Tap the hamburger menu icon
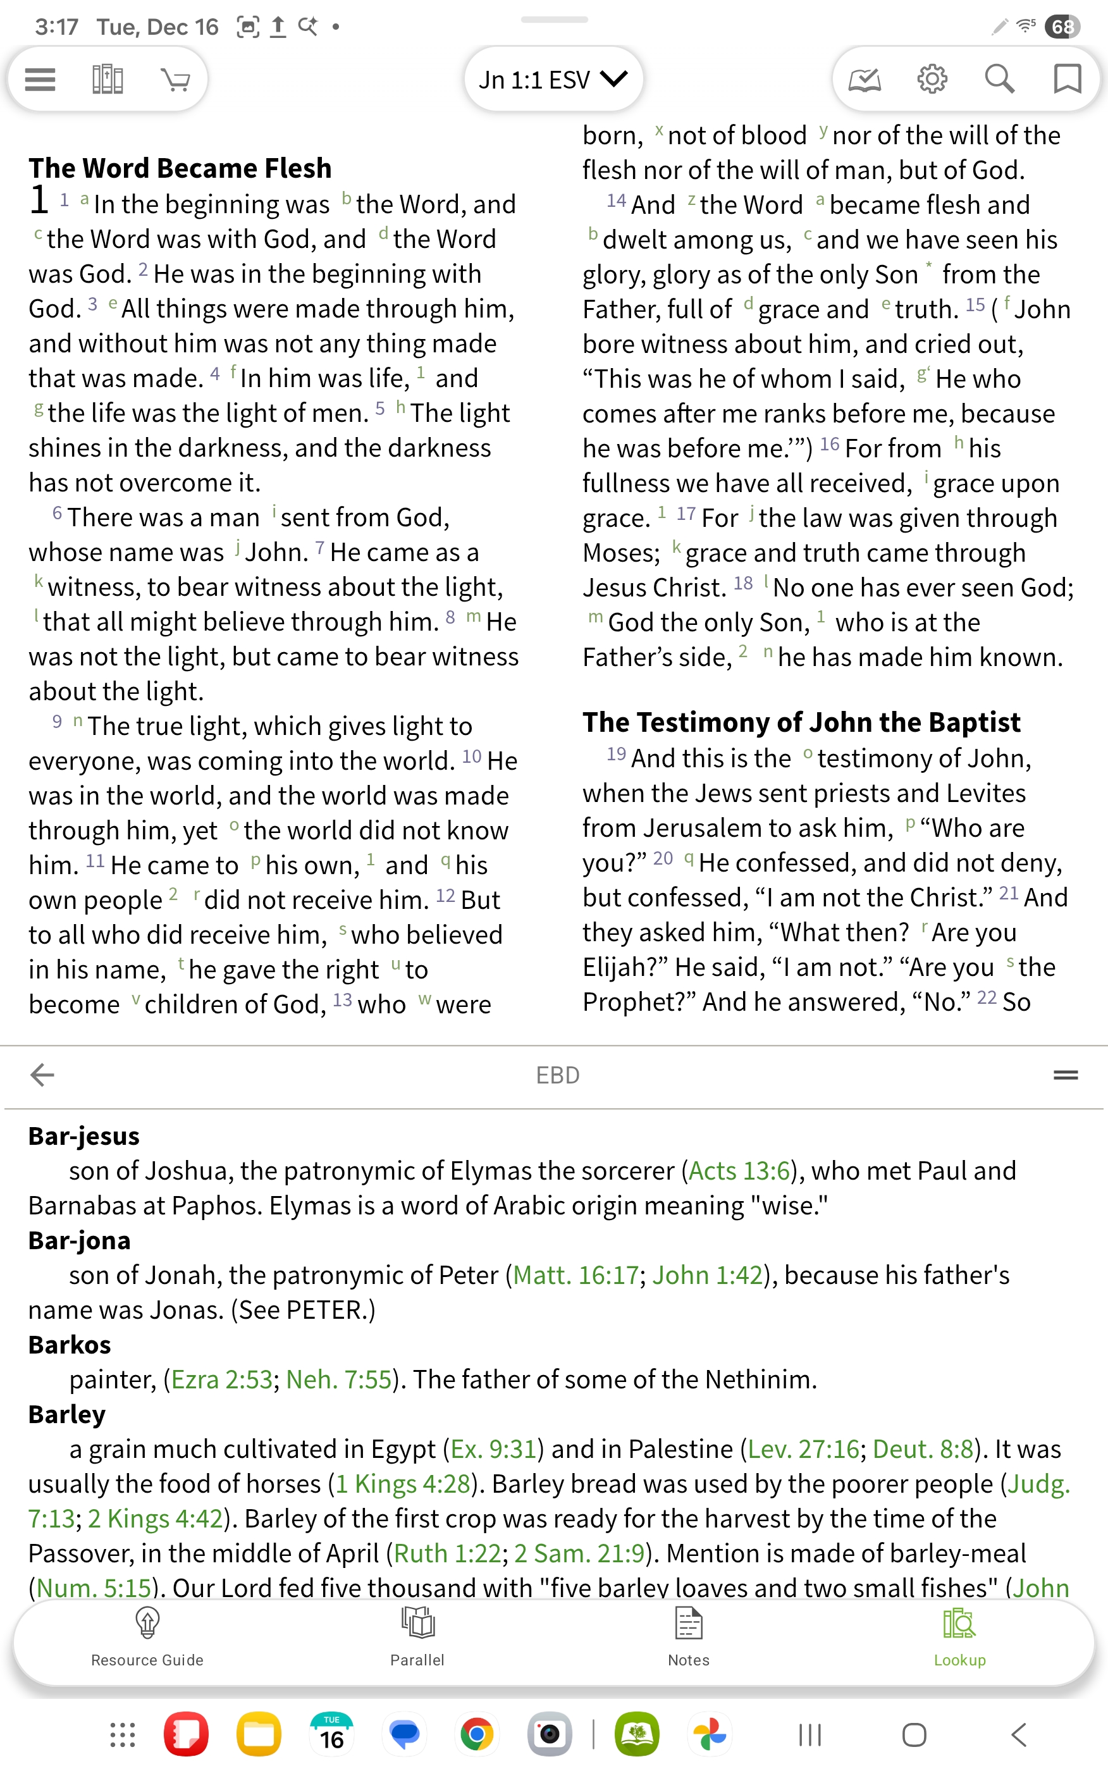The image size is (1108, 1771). [40, 79]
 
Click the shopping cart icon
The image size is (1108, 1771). [175, 79]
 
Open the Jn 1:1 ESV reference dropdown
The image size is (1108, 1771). [553, 79]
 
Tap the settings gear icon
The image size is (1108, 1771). [932, 78]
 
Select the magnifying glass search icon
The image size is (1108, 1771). [999, 78]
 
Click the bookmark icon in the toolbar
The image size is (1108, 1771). [1066, 78]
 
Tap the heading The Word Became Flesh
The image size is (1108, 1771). [180, 168]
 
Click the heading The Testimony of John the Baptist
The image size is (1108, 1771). [801, 722]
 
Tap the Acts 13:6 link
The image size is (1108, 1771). [739, 1171]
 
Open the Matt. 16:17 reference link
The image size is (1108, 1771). [576, 1275]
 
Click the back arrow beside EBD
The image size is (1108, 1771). [42, 1075]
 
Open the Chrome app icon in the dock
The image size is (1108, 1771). [476, 1734]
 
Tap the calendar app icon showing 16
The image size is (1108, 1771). [331, 1734]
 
